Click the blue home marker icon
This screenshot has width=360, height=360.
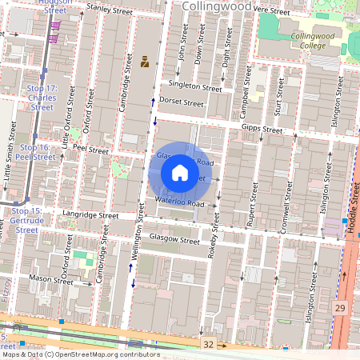pos(180,173)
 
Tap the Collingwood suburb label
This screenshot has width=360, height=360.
pos(217,6)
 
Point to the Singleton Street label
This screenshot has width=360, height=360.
pos(195,87)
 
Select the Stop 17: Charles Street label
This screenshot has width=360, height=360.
pos(41,97)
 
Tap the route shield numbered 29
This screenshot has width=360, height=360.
pos(340,308)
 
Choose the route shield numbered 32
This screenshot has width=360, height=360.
pos(209,343)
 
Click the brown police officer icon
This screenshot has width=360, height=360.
pos(145,61)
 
